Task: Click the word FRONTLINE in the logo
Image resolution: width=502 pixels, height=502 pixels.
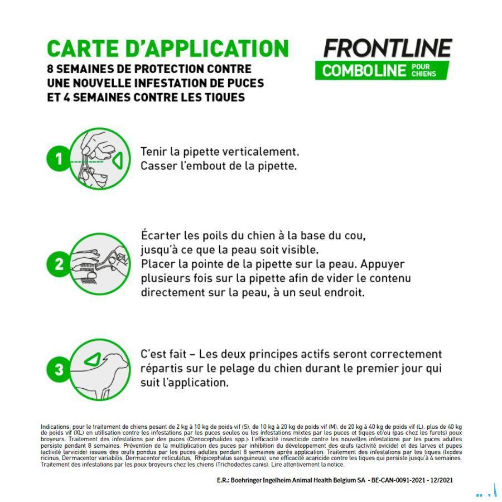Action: pyautogui.click(x=387, y=48)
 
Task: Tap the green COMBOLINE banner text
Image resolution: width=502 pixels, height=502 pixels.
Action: pyautogui.click(x=363, y=71)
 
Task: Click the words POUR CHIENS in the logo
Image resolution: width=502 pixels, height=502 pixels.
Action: pyautogui.click(x=423, y=70)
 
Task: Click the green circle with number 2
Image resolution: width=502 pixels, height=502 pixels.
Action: pyautogui.click(x=59, y=263)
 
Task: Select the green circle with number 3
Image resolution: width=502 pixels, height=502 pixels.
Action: pyautogui.click(x=59, y=369)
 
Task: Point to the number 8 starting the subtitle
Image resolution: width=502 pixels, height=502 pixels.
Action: pyautogui.click(x=50, y=69)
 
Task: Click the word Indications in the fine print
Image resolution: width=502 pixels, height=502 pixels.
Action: pyautogui.click(x=55, y=427)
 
